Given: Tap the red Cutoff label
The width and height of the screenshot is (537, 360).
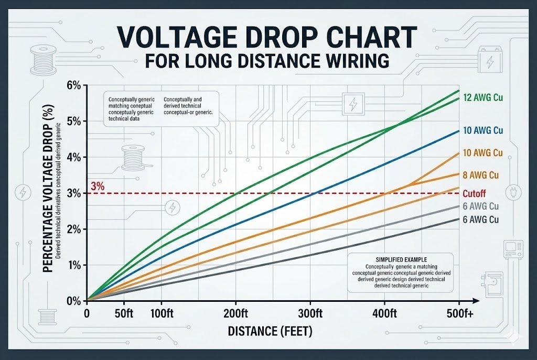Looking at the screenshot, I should pos(475,193).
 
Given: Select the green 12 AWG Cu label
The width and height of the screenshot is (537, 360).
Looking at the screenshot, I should pos(484,97).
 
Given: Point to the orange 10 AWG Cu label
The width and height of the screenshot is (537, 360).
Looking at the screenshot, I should pos(484,153).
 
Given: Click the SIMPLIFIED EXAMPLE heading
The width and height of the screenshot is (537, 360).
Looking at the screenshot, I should pos(402,259).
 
